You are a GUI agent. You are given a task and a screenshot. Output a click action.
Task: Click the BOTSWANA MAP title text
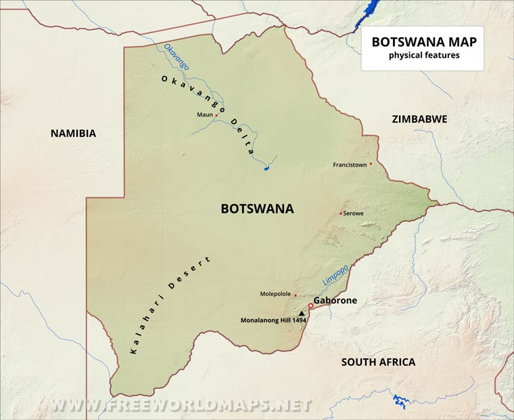423,41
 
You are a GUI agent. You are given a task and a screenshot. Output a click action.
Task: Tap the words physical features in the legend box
423,55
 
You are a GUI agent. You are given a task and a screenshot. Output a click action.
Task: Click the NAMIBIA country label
73,133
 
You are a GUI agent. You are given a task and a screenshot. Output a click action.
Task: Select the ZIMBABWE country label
419,119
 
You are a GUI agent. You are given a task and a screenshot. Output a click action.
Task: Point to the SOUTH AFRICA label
378,362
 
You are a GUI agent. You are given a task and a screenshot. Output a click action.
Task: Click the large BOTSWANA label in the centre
257,209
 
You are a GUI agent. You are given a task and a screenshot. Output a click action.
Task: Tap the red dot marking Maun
216,115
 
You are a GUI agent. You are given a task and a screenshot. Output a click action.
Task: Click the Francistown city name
350,165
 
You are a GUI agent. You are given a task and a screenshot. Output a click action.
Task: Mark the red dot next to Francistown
371,163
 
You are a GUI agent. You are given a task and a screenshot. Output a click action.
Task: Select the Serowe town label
353,213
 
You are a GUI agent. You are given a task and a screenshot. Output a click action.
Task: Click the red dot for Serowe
340,213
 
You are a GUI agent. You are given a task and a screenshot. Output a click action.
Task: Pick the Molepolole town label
275,294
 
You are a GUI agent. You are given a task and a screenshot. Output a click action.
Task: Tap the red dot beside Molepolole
296,295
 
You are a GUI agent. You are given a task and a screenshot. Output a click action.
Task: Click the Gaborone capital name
335,300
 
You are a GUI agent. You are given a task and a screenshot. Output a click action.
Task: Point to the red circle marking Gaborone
310,306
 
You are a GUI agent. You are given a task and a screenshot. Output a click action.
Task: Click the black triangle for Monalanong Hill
302,313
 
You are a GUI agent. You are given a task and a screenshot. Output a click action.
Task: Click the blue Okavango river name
177,56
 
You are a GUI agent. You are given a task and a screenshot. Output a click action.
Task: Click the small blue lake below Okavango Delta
268,167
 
